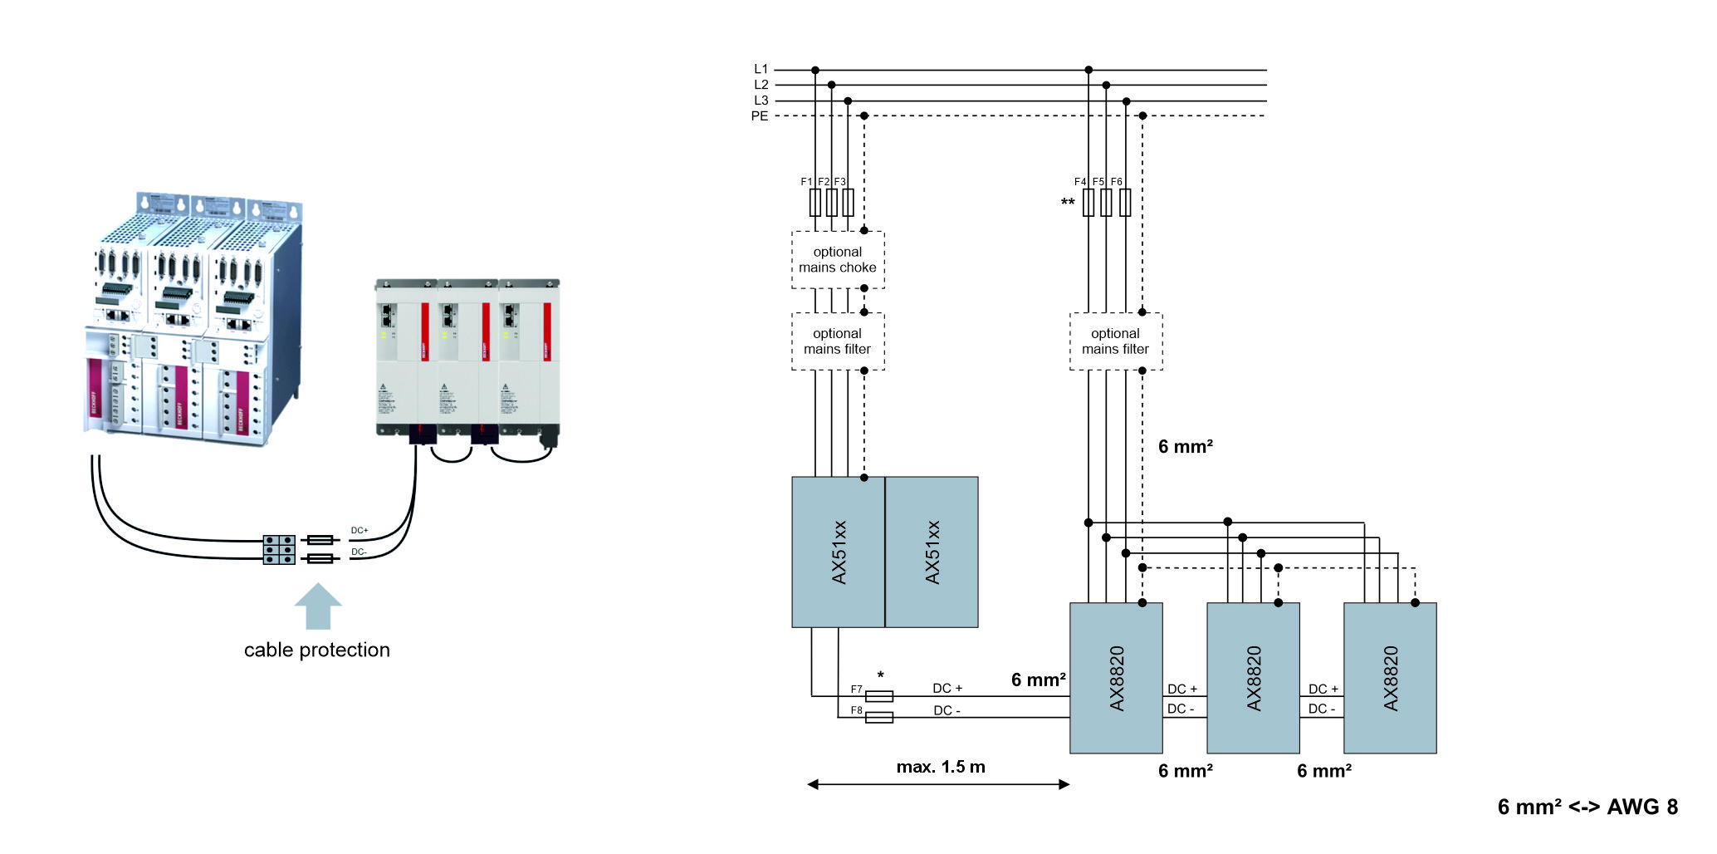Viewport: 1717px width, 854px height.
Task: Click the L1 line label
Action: point(761,69)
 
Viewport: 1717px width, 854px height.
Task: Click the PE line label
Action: point(759,116)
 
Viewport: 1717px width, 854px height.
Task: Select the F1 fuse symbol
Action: point(814,203)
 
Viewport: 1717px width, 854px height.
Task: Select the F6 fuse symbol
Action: point(1124,203)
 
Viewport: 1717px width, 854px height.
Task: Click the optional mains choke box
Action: point(837,260)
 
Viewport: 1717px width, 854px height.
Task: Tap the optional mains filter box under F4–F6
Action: point(1115,341)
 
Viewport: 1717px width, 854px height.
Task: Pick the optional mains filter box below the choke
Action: point(837,341)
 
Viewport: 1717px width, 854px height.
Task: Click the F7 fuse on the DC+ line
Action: point(878,696)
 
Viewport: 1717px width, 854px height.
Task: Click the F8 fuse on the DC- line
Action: point(878,717)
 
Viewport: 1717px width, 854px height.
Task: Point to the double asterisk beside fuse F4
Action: point(1067,203)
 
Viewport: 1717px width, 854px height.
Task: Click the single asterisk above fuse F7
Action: point(880,675)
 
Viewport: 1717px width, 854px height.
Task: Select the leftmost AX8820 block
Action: point(1115,678)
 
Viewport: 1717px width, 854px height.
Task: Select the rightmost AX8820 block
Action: point(1389,678)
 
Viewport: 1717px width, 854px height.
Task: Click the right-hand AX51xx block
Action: point(932,552)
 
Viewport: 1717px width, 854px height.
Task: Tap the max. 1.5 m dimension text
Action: point(940,767)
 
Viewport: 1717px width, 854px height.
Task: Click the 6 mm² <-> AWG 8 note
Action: point(1587,807)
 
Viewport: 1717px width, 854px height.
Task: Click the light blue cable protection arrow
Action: point(318,606)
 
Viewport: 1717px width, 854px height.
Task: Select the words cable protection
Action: point(316,650)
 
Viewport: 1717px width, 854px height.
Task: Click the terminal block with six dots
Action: point(279,550)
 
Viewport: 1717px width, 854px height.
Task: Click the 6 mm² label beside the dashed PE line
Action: point(1185,447)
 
